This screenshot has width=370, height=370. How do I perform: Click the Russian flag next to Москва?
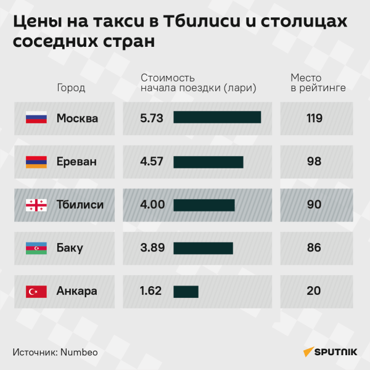(36, 118)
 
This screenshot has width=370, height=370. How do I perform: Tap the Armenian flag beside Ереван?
(36, 162)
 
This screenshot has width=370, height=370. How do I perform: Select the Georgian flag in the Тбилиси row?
(36, 205)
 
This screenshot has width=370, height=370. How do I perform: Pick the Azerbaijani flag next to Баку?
(36, 248)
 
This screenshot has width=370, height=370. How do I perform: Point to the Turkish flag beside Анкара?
(36, 291)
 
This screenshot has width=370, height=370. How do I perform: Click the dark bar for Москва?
(217, 118)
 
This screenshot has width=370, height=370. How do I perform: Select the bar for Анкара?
(186, 291)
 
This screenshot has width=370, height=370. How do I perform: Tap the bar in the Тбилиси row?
(204, 205)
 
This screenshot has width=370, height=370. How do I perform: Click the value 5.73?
(152, 118)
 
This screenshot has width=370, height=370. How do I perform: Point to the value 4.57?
(152, 162)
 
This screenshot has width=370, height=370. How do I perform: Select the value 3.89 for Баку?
(152, 248)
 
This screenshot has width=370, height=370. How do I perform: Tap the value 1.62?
(151, 291)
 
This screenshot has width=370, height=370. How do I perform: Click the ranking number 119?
(314, 118)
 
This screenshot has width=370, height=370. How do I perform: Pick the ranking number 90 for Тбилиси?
(314, 205)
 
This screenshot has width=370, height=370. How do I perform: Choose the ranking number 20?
(314, 291)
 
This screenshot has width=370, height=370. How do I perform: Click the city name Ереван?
(76, 162)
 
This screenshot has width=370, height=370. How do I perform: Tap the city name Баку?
(70, 248)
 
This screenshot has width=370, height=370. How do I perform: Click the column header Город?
(71, 88)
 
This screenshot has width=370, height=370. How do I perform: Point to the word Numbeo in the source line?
(79, 352)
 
